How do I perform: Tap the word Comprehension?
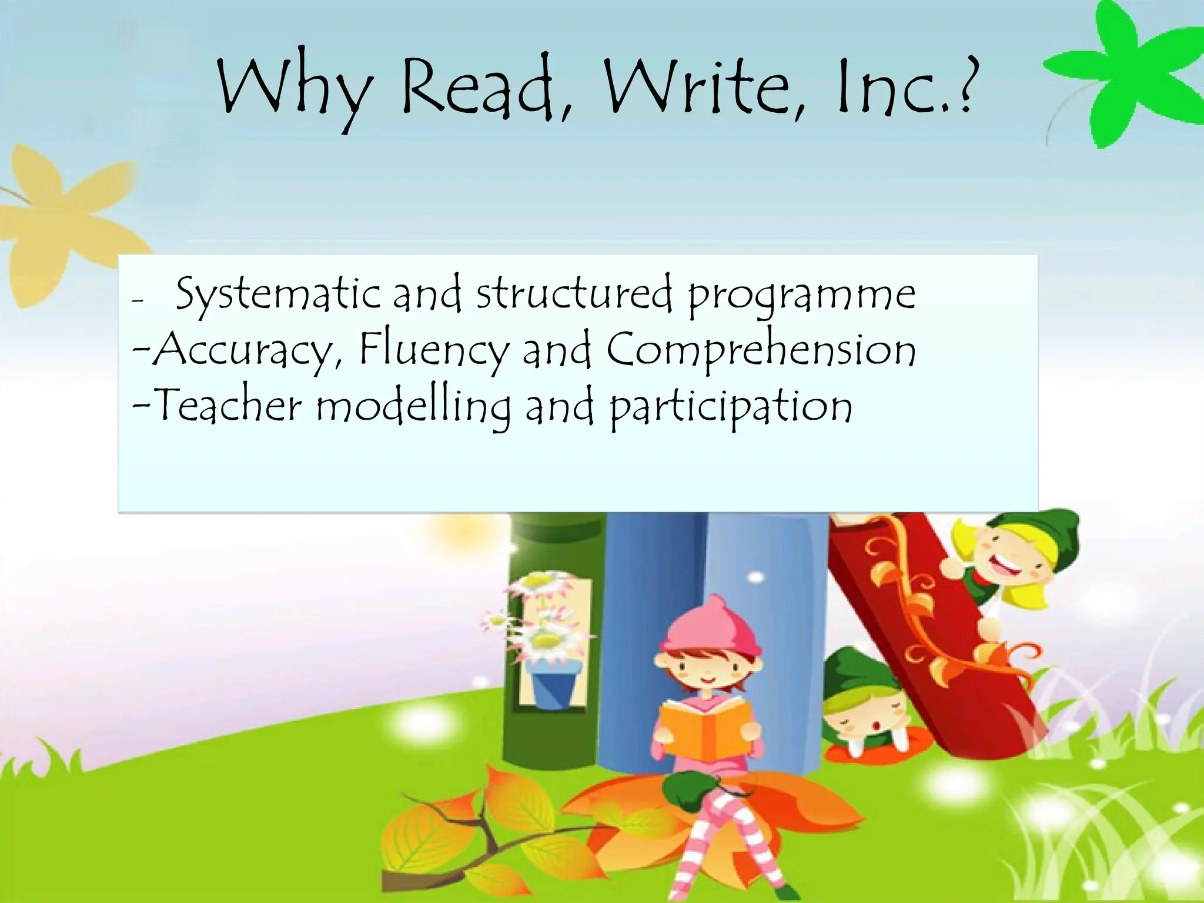[x=761, y=350]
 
